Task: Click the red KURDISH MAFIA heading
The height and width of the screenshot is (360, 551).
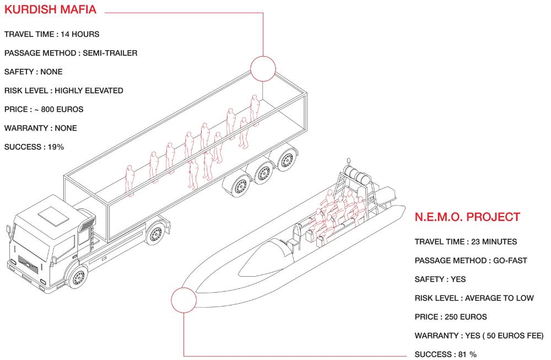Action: (x=50, y=9)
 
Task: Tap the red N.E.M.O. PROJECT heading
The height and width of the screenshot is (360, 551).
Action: (x=467, y=217)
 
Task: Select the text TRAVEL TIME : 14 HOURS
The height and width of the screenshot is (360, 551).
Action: (x=52, y=34)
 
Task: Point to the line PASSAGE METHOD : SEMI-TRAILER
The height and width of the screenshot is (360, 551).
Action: (x=71, y=53)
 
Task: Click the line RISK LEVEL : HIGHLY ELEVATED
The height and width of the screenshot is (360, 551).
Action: (x=63, y=90)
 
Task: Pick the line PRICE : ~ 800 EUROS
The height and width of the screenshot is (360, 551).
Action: (x=44, y=109)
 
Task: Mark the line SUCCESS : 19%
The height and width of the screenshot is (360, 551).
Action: (x=34, y=147)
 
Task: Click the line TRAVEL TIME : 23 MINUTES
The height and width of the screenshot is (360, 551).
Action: (x=466, y=242)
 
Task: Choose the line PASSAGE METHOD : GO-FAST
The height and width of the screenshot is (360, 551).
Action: (x=471, y=261)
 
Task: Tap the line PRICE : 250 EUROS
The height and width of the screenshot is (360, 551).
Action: (x=451, y=317)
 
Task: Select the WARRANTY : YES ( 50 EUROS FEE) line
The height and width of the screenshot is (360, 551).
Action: (x=479, y=336)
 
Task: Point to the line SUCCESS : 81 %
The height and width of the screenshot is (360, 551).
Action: (x=446, y=354)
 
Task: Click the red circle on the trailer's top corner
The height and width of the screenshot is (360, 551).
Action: (x=263, y=68)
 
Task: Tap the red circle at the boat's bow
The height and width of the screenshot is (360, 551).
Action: (x=184, y=300)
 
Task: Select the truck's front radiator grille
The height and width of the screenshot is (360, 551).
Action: (x=28, y=265)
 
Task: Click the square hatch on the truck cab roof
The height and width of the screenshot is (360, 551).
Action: (x=54, y=215)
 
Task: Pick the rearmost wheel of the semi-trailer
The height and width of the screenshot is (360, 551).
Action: (x=287, y=160)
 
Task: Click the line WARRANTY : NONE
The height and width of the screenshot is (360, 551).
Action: (x=40, y=128)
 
